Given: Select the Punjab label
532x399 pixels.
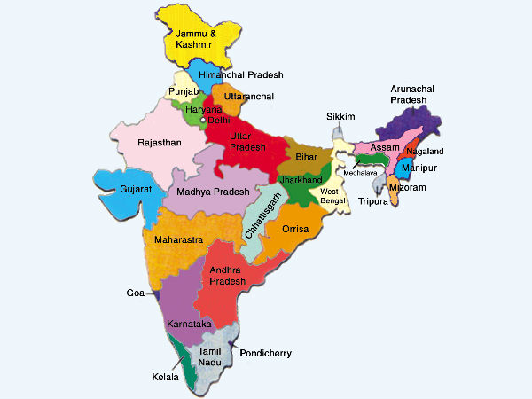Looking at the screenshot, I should click(185, 92).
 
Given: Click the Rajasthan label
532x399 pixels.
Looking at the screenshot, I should click(160, 142).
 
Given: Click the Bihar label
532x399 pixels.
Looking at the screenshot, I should click(306, 156).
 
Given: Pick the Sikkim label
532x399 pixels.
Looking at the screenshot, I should click(340, 116).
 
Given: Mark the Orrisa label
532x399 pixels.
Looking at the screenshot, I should click(294, 229).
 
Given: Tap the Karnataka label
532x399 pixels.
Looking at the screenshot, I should click(190, 325).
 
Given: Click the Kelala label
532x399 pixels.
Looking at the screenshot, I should click(165, 377).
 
